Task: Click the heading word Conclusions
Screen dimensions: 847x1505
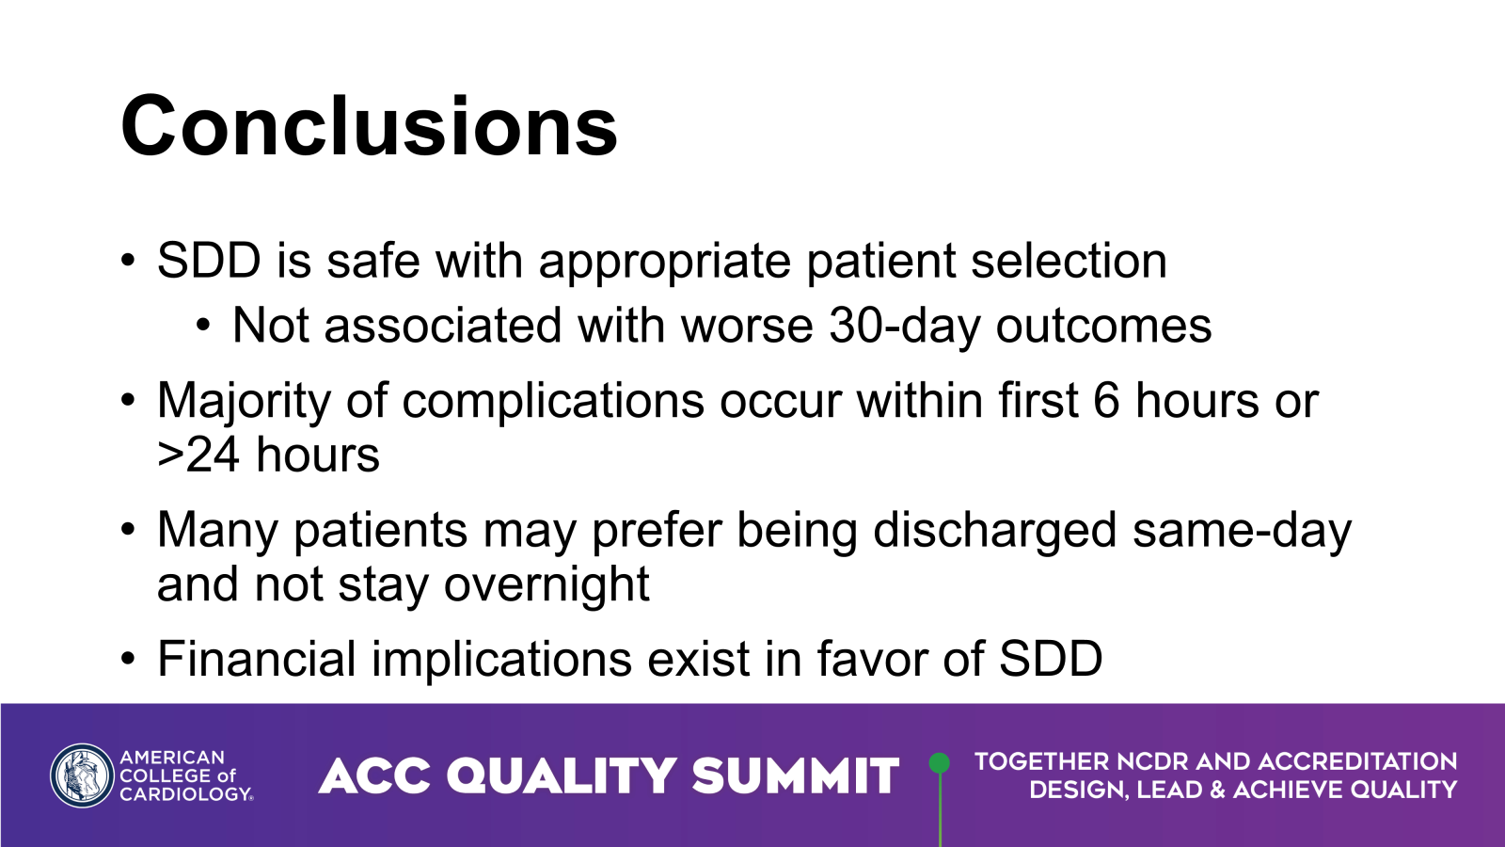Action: (369, 127)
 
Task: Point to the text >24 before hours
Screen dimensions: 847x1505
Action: (198, 455)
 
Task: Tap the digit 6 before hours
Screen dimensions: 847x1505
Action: (1106, 401)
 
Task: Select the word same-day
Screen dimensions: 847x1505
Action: (1242, 531)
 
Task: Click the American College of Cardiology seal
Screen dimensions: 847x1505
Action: (82, 775)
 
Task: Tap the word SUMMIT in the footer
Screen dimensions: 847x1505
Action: (795, 776)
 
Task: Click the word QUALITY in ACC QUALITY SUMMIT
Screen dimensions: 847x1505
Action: (562, 776)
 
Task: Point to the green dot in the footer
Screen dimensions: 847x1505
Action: (939, 762)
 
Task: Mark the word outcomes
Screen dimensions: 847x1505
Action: (1103, 327)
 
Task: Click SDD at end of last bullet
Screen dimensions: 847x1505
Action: (1050, 659)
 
